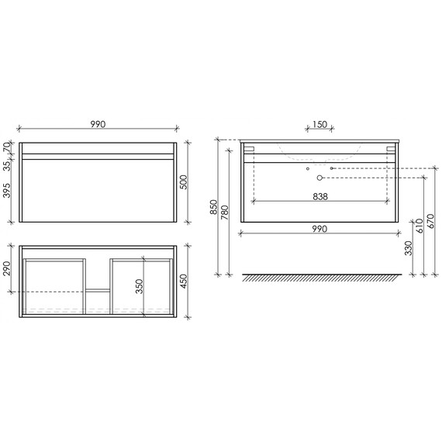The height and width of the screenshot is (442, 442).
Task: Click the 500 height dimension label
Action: pyautogui.click(x=183, y=181)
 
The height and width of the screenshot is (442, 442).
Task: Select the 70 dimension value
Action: pyautogui.click(x=7, y=147)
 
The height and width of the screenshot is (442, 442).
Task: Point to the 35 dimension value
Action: pyautogui.click(x=7, y=164)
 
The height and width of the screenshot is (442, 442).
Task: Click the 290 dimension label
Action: pyautogui.click(x=7, y=268)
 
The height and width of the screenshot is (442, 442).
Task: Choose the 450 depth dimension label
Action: pyautogui.click(x=183, y=280)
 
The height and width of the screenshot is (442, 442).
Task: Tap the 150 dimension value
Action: pyautogui.click(x=319, y=123)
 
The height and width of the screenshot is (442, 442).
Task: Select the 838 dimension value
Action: pyautogui.click(x=320, y=196)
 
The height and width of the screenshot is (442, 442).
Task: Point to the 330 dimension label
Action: pyautogui.click(x=408, y=249)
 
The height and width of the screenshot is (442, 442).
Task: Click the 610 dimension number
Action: pyautogui.click(x=420, y=225)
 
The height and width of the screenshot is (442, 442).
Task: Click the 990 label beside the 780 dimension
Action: pyautogui.click(x=319, y=229)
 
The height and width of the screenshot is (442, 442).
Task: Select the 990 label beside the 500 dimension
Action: pyautogui.click(x=99, y=123)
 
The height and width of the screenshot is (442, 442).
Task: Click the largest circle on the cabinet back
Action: pyautogui.click(x=318, y=178)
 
